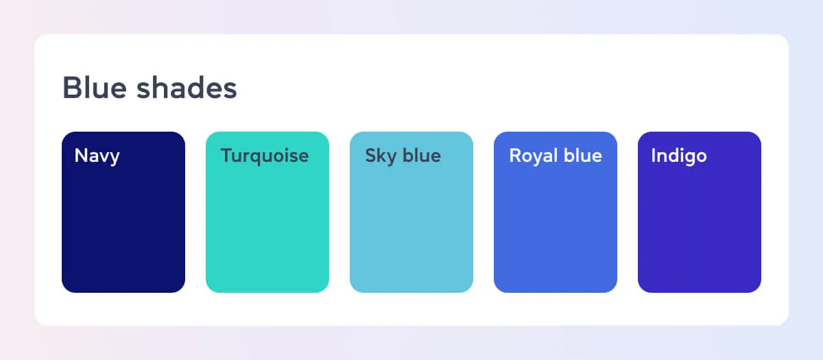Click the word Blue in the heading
pos(95,88)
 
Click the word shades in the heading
pos(187,88)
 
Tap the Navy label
pos(97,156)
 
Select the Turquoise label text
pos(265,156)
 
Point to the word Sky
pos(381,156)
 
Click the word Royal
pos(534,156)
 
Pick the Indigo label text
pos(679,156)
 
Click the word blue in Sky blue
pos(422,155)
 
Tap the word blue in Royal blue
pos(583,155)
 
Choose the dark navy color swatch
pos(123,212)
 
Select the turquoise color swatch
pos(267,212)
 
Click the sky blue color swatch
pos(411,212)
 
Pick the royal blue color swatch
pos(556,212)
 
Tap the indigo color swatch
pos(700,212)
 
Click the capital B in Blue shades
pos(71,88)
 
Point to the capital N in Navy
pos(81,156)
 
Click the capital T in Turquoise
pos(227,156)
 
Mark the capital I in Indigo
pos(653,156)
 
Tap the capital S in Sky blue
pos(371,156)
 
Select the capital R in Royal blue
pos(516,156)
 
